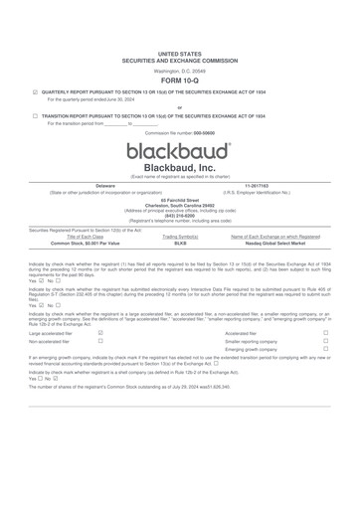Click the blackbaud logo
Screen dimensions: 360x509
[x=180, y=151]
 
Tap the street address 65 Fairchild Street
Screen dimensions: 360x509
[x=180, y=199]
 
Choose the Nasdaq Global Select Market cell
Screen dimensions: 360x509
[x=274, y=243]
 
